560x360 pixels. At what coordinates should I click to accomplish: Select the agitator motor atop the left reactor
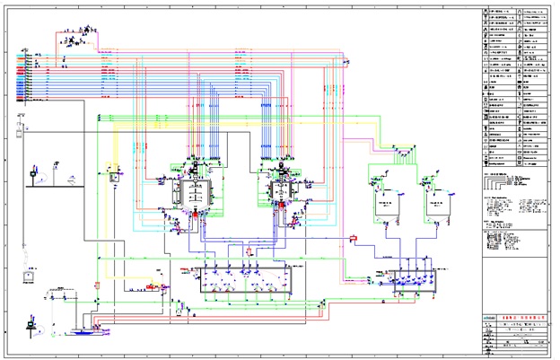pyautogui.click(x=195, y=164)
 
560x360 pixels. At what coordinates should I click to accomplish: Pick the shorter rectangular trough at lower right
pyautogui.click(x=408, y=283)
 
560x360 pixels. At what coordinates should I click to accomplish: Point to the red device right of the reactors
pyautogui.click(x=354, y=237)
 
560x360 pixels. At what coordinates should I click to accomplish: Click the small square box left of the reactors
pyautogui.click(x=114, y=177)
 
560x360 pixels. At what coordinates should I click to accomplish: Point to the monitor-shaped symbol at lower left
pyautogui.click(x=28, y=289)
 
